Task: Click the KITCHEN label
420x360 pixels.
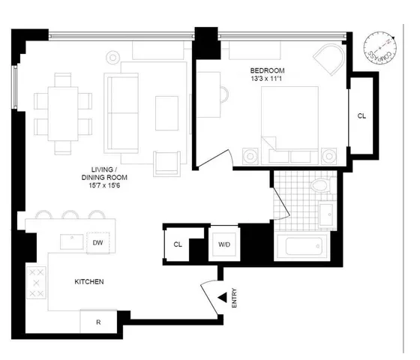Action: coord(88,282)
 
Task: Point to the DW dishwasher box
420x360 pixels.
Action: coord(98,242)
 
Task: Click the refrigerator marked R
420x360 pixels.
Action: coord(98,322)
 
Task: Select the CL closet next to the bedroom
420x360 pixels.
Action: coord(361,116)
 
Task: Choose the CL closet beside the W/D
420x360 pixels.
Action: coord(178,244)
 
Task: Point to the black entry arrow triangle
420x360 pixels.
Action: coord(222,299)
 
